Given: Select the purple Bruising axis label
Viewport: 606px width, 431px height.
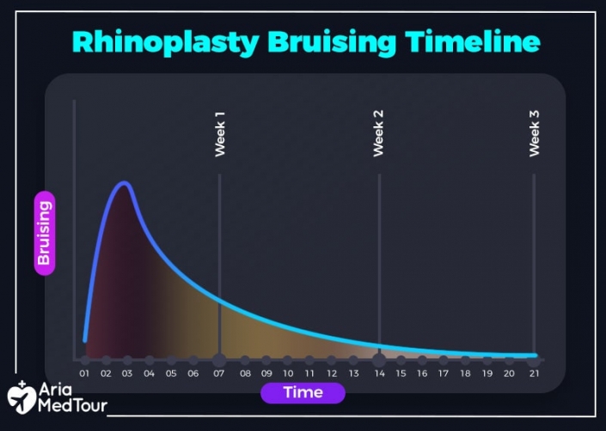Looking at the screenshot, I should pyautogui.click(x=45, y=234).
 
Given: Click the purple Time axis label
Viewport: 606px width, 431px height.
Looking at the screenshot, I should pyautogui.click(x=303, y=392).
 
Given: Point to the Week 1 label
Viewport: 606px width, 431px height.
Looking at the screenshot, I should pyautogui.click(x=220, y=133).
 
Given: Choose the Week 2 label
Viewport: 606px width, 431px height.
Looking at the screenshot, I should pyautogui.click(x=378, y=133).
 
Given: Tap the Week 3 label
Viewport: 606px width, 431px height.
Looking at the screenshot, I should pyautogui.click(x=534, y=133).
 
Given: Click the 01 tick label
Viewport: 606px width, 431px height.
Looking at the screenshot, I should pyautogui.click(x=84, y=373).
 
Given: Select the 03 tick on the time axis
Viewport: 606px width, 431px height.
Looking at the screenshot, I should pyautogui.click(x=127, y=373).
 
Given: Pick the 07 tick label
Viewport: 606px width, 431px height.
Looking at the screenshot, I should pyautogui.click(x=220, y=373).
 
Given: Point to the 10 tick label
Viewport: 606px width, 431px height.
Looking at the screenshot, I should pyautogui.click(x=288, y=373).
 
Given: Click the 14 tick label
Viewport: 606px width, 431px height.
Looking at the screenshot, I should pyautogui.click(x=378, y=373).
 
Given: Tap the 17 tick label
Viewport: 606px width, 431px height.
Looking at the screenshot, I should pyautogui.click(x=444, y=373).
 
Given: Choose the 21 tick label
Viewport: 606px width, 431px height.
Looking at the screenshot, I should pyautogui.click(x=534, y=373).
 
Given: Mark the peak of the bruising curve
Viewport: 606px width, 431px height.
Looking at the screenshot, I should pyautogui.click(x=125, y=183).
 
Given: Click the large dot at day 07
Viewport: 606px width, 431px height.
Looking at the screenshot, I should pyautogui.click(x=220, y=360).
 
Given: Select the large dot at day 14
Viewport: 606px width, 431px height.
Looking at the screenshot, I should pyautogui.click(x=378, y=360).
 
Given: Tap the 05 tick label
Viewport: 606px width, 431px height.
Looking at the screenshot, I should pyautogui.click(x=171, y=373).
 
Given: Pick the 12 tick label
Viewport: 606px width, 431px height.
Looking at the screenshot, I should pyautogui.click(x=332, y=373).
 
